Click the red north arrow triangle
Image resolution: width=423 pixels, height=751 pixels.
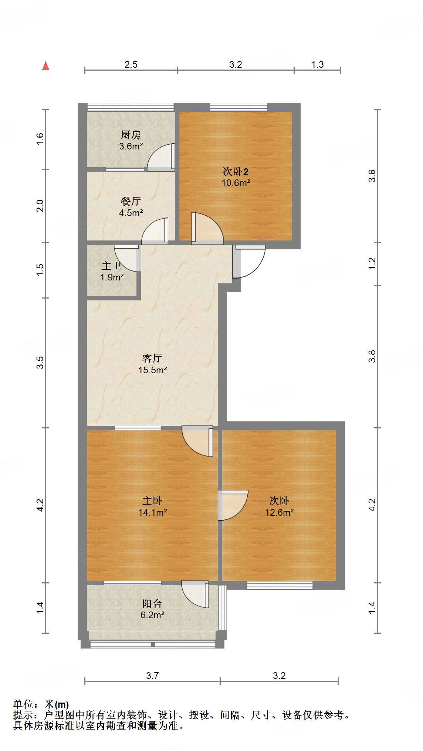pos(45,66)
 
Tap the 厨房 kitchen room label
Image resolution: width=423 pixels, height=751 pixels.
pos(131,135)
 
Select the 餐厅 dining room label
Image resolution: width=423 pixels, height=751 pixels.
pos(131,201)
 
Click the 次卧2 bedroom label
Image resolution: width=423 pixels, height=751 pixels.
pos(236,172)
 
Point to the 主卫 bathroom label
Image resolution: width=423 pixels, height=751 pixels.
pos(112,266)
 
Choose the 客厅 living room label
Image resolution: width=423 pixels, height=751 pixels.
pos(152,358)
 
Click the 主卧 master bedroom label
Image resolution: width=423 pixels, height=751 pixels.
pos(152,501)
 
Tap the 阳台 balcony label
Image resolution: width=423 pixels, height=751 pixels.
pos(152,604)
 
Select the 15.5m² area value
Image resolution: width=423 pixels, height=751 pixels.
pos(152,370)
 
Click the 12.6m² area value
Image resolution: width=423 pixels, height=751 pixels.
pos(279,513)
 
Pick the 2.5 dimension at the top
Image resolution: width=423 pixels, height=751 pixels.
pos(131,65)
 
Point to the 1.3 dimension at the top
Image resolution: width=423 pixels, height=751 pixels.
pos(317,65)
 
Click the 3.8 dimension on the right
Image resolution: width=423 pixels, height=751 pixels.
pos(372,356)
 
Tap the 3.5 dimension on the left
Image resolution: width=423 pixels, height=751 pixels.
pos(40,363)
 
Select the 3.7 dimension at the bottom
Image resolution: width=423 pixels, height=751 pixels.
pos(152,676)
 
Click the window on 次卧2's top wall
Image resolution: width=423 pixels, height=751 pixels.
pos(238,107)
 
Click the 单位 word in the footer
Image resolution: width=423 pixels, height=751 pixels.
pos(24,705)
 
